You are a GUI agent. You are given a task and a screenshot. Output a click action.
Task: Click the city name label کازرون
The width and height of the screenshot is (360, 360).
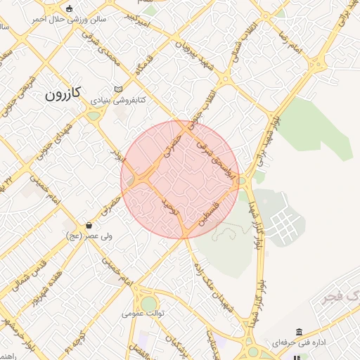coord(63,93)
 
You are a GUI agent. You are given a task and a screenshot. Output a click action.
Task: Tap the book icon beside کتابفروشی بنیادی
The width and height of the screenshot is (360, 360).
coord(117,89)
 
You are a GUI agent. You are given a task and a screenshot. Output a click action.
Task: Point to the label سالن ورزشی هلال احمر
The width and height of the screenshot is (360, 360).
coord(68,20)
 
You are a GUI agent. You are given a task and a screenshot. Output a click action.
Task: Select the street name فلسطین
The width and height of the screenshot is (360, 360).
coord(212,211)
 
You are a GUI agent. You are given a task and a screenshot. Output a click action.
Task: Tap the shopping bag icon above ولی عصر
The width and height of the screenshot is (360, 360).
coord(89,225)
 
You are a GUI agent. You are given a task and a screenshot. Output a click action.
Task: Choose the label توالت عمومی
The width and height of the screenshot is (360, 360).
coord(143,313)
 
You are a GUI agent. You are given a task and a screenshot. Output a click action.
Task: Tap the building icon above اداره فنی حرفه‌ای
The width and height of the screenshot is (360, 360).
coord(300,331)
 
